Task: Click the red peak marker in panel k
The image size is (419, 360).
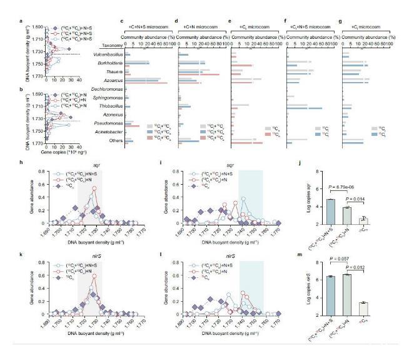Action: (x=94, y=275)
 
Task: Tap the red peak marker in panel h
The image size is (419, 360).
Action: (x=94, y=188)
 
